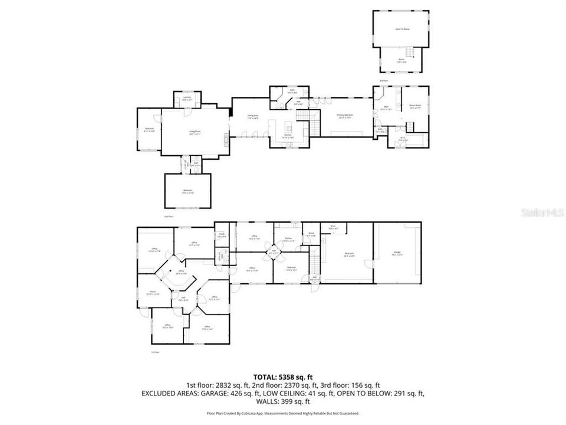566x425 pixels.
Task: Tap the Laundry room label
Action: tap(187, 100)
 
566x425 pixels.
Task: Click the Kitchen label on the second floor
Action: tap(288, 136)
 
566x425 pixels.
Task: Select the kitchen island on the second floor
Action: tap(288, 127)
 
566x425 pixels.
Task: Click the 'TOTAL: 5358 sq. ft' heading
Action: tap(283, 376)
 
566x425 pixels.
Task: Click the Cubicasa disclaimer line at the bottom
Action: tap(283, 413)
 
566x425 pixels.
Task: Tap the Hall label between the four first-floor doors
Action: tap(272, 252)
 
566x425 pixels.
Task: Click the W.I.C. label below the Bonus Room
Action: tap(402, 139)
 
